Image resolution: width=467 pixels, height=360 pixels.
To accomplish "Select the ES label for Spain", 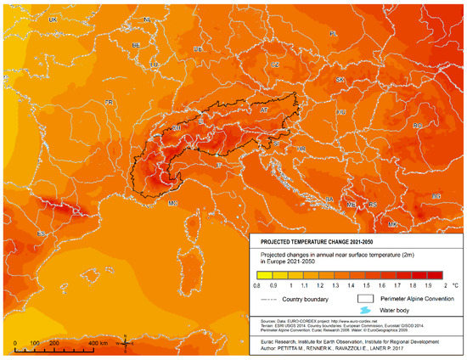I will point(41,233).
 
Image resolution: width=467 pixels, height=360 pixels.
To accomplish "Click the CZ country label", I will point(274,65).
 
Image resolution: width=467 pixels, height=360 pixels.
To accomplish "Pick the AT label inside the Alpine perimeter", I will point(263,110).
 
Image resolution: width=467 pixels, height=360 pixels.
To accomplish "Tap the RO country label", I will point(418,126).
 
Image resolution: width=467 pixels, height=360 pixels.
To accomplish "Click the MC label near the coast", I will point(172,204).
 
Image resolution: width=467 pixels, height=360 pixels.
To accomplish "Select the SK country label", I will point(340,80).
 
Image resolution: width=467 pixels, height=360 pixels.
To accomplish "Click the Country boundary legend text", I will point(307,299).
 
